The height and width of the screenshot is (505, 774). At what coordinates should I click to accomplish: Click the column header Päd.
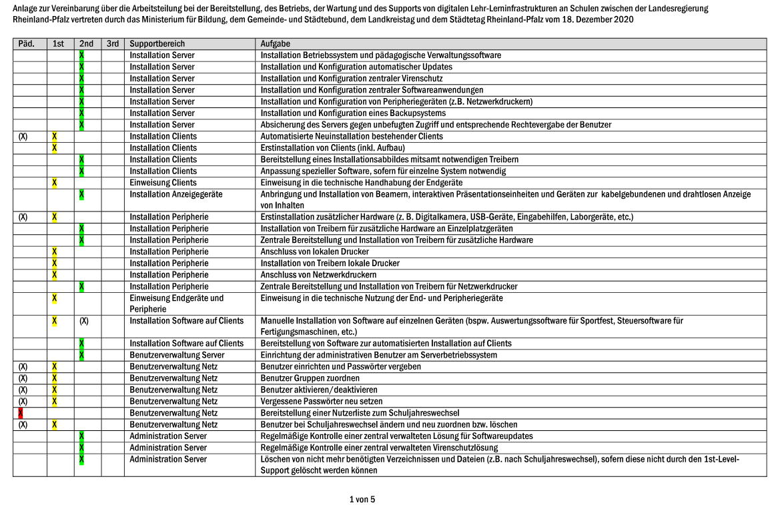(x=26, y=44)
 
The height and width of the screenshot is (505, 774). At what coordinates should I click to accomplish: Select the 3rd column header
(x=112, y=44)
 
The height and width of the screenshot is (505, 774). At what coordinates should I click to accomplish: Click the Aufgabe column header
(x=275, y=44)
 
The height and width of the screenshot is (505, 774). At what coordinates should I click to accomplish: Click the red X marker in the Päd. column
(x=20, y=413)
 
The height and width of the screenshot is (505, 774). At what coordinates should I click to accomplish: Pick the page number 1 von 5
(x=362, y=499)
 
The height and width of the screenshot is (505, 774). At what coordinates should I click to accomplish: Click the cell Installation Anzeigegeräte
(x=175, y=194)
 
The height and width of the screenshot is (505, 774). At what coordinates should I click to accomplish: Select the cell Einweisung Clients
(x=163, y=183)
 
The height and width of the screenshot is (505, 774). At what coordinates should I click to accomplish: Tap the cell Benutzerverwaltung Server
(x=177, y=355)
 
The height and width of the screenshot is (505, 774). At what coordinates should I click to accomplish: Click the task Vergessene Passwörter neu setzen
(x=322, y=402)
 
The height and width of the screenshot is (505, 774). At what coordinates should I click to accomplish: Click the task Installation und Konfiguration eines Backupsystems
(x=353, y=113)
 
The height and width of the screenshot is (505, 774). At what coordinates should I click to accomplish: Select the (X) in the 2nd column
(x=84, y=321)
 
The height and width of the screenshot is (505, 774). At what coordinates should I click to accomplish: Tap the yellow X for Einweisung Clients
(x=54, y=183)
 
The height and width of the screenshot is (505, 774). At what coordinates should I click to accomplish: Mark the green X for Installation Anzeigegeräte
(x=81, y=194)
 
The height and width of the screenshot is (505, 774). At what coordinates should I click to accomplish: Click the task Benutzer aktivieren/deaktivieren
(x=319, y=390)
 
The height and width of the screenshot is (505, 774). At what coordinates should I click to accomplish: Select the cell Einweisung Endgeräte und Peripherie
(x=176, y=304)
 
